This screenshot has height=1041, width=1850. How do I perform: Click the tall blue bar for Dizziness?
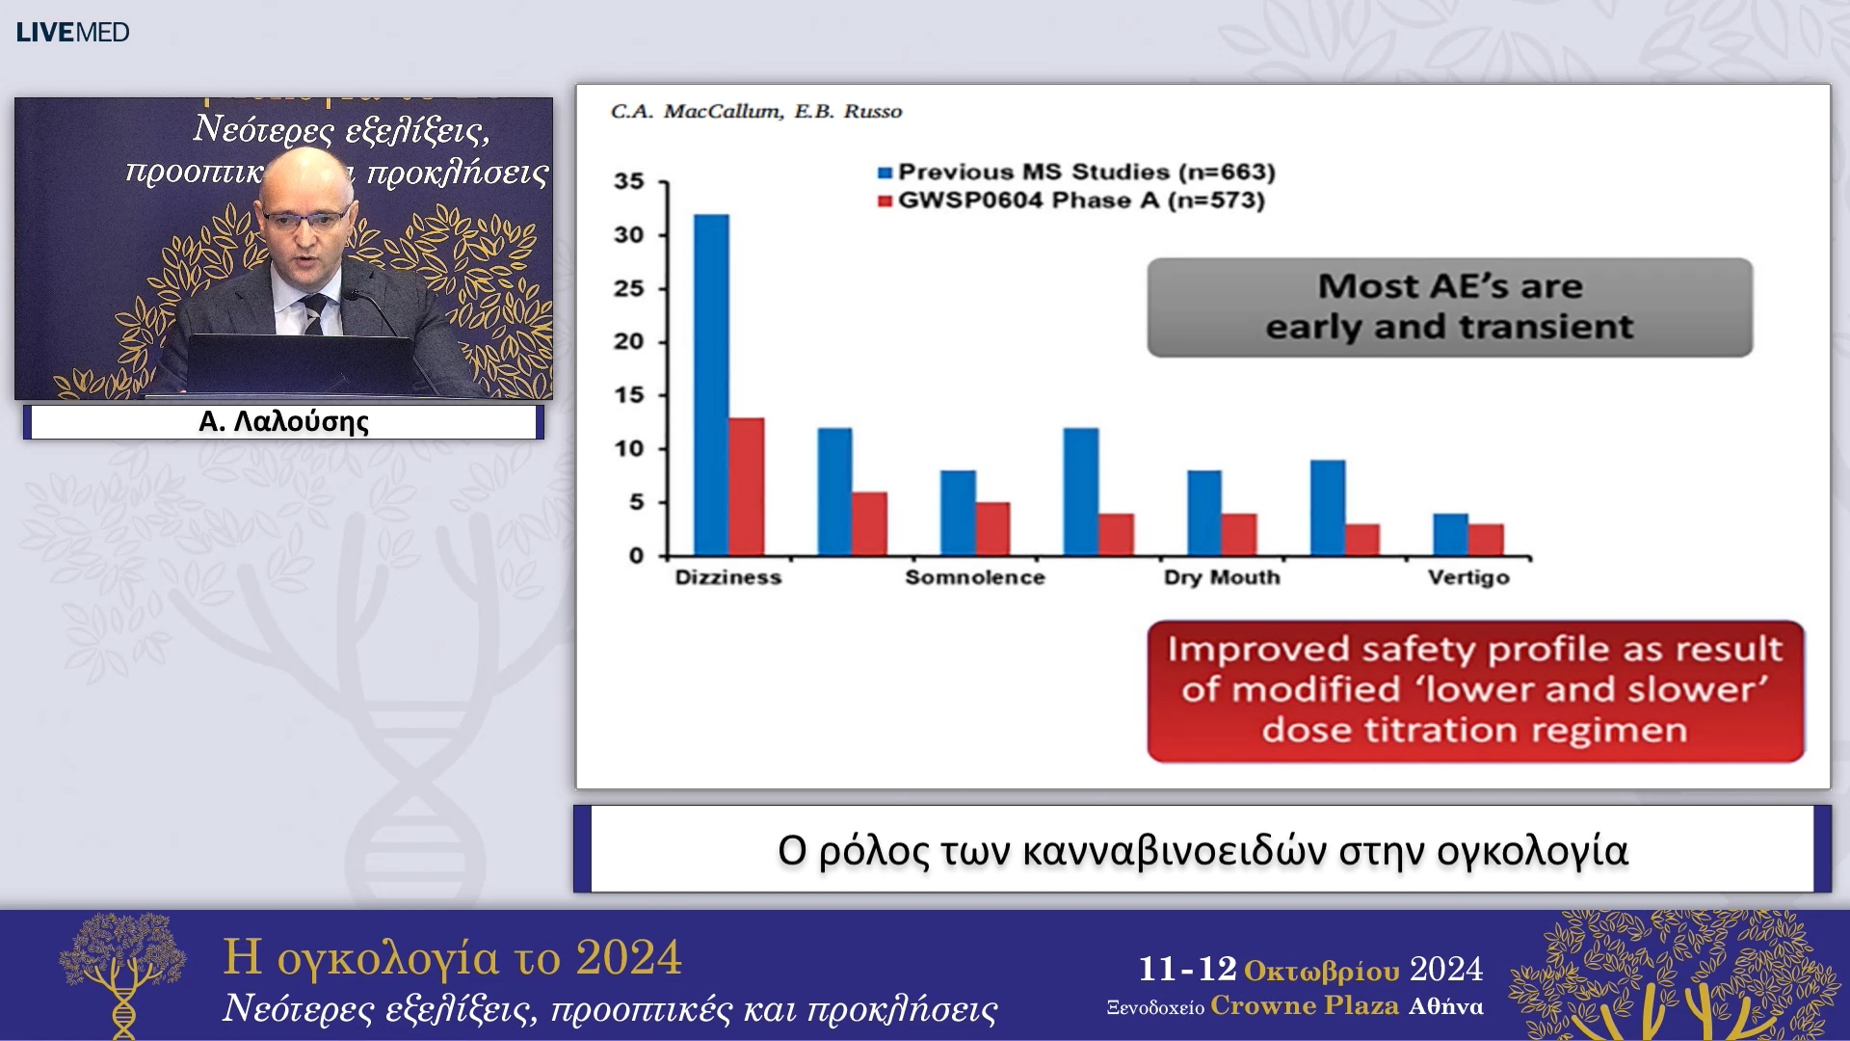711,386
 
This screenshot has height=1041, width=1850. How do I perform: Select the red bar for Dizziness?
747,487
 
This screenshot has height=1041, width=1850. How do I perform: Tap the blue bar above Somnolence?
958,513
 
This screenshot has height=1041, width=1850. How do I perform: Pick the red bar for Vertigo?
1486,540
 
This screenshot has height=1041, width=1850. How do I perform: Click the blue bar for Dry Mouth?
1204,513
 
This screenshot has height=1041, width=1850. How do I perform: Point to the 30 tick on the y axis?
629,235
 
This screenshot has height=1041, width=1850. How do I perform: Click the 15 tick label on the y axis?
629,395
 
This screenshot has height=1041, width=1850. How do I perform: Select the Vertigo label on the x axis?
1468,577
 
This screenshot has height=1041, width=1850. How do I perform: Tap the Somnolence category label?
975,577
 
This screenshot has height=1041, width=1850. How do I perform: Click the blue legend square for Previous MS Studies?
885,173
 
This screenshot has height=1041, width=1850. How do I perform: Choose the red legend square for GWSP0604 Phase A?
885,201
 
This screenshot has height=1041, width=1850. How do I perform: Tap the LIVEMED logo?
72,33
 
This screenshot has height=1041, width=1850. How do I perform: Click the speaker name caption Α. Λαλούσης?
283,422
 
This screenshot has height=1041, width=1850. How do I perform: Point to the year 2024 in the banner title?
628,958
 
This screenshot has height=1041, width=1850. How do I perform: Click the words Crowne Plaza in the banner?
1305,1006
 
